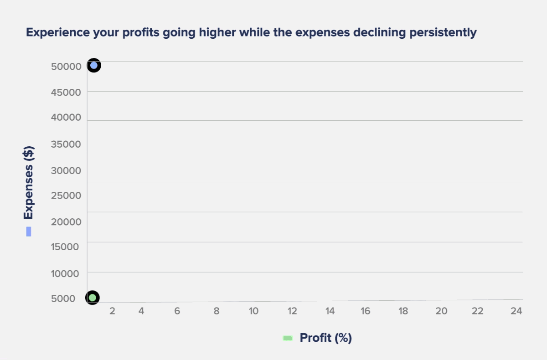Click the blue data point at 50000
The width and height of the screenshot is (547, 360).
point(94,66)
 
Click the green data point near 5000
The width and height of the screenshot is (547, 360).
point(93,298)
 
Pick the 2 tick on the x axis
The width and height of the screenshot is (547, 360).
point(112,311)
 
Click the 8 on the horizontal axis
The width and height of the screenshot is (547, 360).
point(217,311)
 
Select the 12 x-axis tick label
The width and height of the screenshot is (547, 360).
point(292,311)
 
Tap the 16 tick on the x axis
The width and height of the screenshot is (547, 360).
point(365,311)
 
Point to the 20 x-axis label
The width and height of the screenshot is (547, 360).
point(441,311)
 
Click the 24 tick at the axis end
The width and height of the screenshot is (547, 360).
point(516,311)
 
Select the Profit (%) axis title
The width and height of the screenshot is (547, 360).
point(325,338)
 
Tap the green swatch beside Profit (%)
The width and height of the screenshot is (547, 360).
point(288,338)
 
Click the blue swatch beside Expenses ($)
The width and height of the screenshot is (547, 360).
point(29,231)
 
